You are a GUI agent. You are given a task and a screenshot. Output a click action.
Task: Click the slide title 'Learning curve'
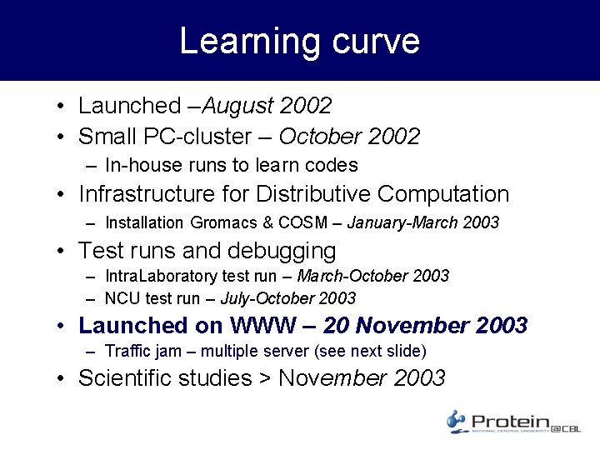click(x=299, y=41)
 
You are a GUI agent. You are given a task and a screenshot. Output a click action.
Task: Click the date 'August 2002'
click(x=267, y=106)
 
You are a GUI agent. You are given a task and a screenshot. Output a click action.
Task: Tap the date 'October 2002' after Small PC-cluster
click(x=349, y=136)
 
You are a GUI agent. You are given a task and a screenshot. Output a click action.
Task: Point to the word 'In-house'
click(x=136, y=165)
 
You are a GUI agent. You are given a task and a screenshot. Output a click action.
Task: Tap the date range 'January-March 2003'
click(x=422, y=222)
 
